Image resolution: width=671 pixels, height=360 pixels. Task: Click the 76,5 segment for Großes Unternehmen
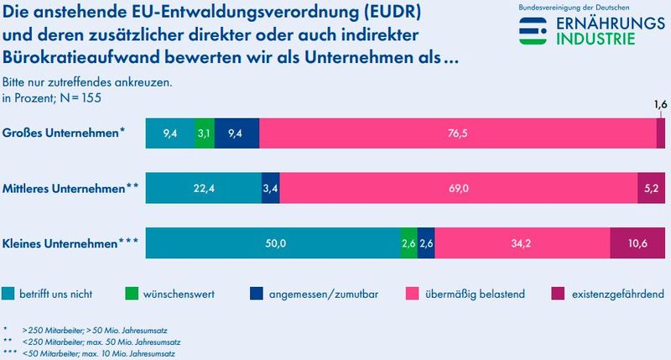pos(457,133)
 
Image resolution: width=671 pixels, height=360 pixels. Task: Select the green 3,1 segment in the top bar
pos(204,133)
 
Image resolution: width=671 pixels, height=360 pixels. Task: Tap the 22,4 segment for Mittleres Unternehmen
pos(203,188)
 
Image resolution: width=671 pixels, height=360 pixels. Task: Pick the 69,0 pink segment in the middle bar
pos(458,188)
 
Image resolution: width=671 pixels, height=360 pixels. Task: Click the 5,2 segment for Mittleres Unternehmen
pos(652,188)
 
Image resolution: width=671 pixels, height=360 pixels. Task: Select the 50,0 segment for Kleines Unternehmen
pos(273,243)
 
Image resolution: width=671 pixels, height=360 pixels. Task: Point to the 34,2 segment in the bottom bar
pos(522,243)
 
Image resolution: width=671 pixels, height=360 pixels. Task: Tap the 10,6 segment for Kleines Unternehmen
pos(637,243)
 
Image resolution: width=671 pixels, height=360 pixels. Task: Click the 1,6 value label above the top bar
pos(660,106)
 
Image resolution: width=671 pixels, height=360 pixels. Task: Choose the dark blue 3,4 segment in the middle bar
pos(270,188)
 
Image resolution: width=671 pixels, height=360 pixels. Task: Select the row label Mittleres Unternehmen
pos(70,189)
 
